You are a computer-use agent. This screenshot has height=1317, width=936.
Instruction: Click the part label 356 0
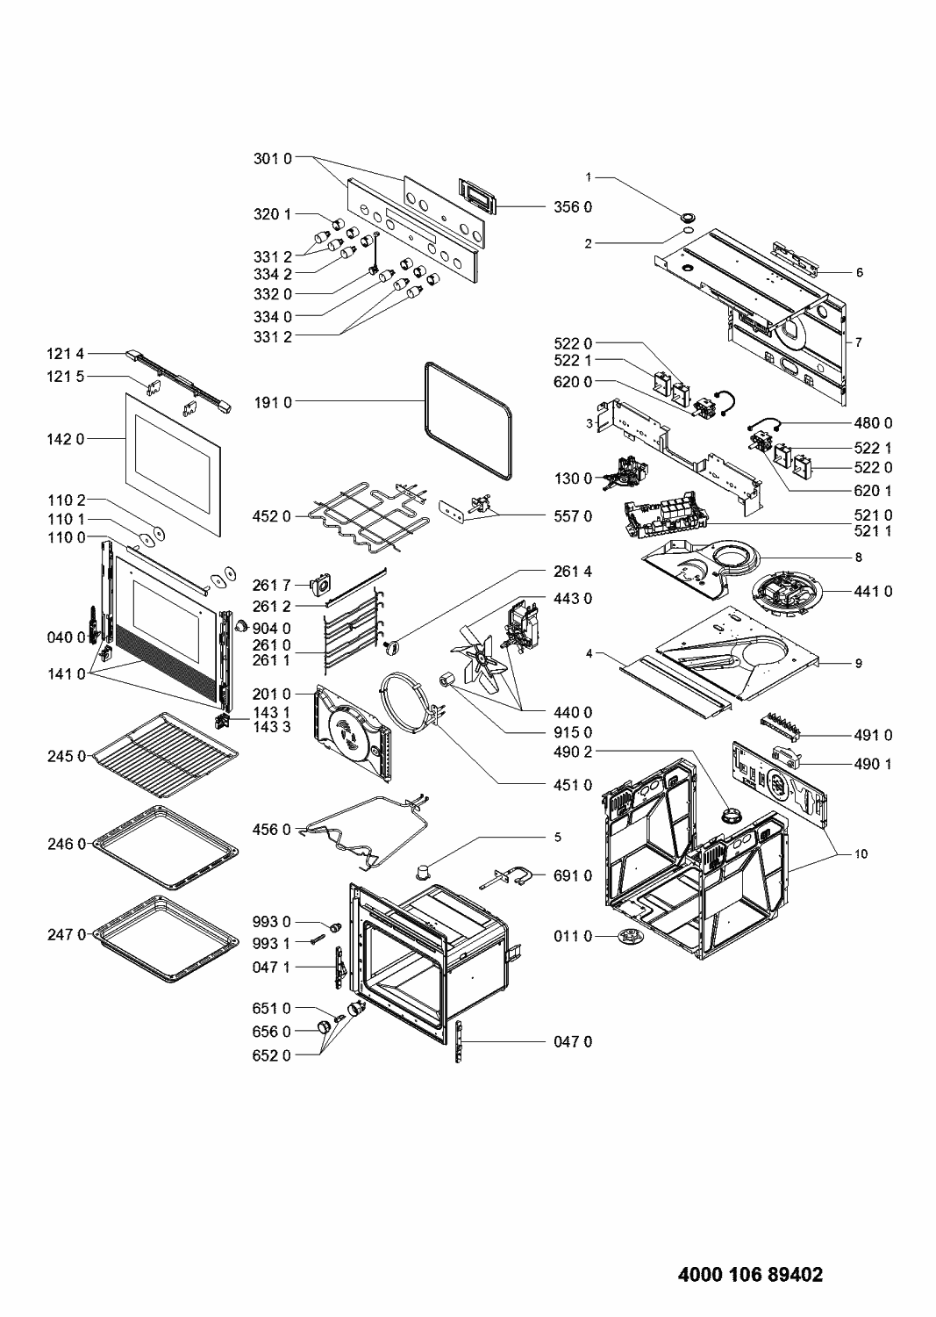572,207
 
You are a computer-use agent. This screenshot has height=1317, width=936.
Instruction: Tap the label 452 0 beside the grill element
273,516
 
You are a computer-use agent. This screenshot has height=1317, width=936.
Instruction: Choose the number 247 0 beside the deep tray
67,935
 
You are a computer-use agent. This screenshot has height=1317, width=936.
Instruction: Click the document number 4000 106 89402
751,1275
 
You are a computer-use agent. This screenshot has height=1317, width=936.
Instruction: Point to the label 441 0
873,592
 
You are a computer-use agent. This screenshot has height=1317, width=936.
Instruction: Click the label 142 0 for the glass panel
66,439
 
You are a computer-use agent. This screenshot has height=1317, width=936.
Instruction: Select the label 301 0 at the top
273,159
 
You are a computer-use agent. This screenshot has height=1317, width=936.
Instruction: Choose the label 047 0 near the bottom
572,1041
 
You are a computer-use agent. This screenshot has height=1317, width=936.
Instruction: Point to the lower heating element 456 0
368,827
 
